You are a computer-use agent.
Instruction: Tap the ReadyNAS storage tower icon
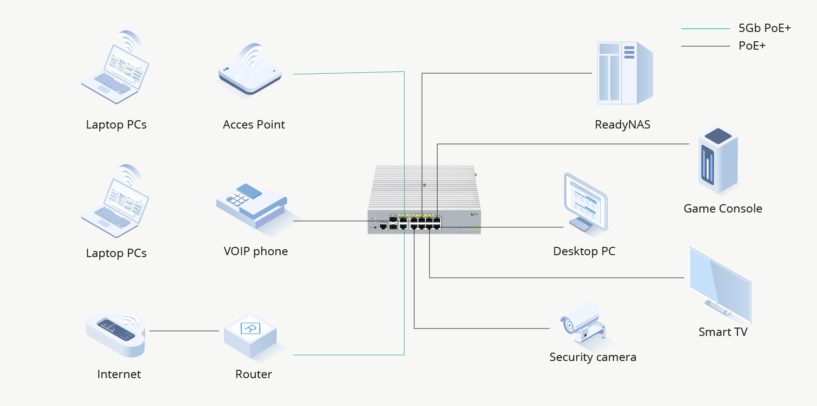[x=624, y=73]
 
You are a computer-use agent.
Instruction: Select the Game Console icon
[x=718, y=161]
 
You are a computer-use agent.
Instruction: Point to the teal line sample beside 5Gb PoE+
[x=705, y=29]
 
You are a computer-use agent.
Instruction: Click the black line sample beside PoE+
[x=705, y=46]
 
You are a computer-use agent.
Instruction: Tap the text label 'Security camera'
[x=592, y=357]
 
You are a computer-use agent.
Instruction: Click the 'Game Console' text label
[x=722, y=209]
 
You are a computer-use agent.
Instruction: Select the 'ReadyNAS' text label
[x=622, y=125]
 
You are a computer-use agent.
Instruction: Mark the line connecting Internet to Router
[x=184, y=331]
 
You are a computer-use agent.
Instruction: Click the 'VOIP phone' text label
[x=256, y=251]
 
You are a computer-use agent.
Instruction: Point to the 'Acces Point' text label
[x=253, y=125]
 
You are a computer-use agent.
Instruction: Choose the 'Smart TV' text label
[x=723, y=332]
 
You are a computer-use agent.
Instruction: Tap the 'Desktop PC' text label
[x=584, y=251]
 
